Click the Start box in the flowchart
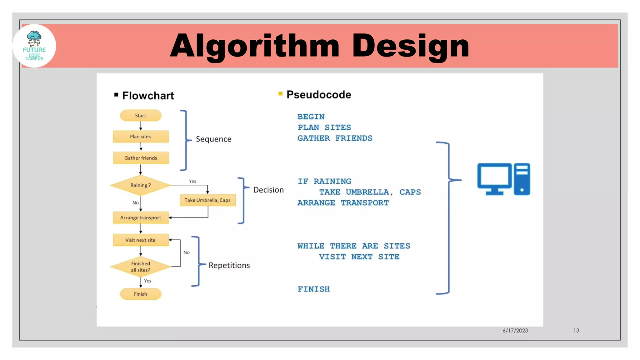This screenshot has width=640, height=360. tap(141, 115)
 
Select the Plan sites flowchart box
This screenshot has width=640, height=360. tap(141, 137)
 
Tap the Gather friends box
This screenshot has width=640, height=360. tap(141, 158)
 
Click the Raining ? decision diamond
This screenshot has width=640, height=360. tap(141, 185)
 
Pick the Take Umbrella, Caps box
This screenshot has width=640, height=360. tap(207, 200)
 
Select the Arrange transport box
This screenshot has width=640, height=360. tap(141, 217)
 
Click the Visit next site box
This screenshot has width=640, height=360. tap(141, 240)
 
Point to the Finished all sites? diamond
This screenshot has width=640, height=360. tap(141, 267)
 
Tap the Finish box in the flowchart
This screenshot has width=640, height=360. tap(141, 294)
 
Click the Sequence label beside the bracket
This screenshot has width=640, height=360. tap(213, 139)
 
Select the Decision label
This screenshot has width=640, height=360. tap(268, 190)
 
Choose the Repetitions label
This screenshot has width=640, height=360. tap(229, 265)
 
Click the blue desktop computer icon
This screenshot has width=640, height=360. tap(503, 179)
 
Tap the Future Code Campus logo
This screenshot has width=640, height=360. tap(34, 46)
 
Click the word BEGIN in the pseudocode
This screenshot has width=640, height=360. tap(311, 117)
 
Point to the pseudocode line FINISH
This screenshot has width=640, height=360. tap(313, 289)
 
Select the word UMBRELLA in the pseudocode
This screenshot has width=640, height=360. tap(367, 192)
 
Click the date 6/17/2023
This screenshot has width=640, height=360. tap(515, 331)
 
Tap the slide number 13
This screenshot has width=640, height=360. tap(576, 331)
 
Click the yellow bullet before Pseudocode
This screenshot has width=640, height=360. tap(280, 93)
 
